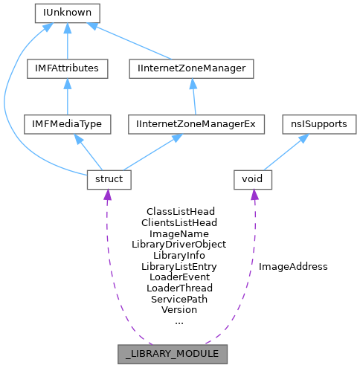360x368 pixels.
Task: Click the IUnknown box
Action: tap(68, 13)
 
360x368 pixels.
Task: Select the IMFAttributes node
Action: tap(68, 68)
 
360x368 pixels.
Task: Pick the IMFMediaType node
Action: tap(68, 124)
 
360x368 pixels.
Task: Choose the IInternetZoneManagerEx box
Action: tap(196, 124)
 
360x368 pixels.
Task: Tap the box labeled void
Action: tap(254, 179)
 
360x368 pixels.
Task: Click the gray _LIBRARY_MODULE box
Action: tap(172, 354)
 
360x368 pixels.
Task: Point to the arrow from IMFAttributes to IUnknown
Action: tap(68, 41)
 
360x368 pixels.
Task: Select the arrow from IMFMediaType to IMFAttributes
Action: tap(68, 97)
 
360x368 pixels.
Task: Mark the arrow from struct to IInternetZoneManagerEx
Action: tap(152, 152)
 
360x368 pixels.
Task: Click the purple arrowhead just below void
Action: tap(254, 196)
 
